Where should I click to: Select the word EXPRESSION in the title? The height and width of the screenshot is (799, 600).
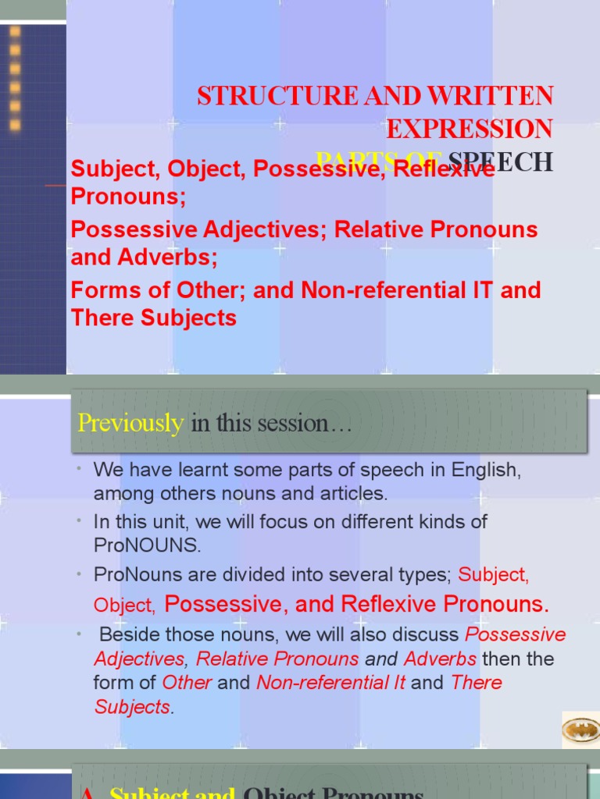click(470, 129)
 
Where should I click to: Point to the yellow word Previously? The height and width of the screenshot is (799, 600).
click(130, 424)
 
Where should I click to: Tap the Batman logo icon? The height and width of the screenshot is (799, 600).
click(580, 730)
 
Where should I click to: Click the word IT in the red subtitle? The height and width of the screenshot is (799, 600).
click(483, 290)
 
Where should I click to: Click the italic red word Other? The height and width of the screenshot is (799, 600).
click(187, 683)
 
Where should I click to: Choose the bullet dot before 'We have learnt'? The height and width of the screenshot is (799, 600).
click(80, 468)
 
